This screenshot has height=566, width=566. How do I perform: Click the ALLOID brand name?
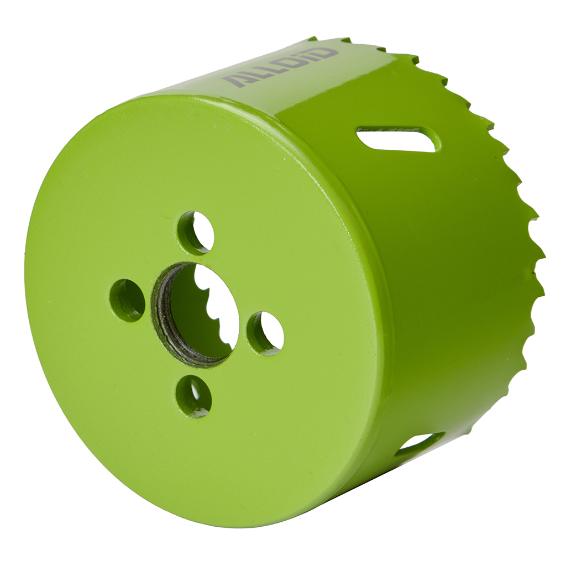[x=280, y=68]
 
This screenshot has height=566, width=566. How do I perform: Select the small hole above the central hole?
[x=196, y=233]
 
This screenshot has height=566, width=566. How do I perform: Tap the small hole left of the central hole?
[x=127, y=300]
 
